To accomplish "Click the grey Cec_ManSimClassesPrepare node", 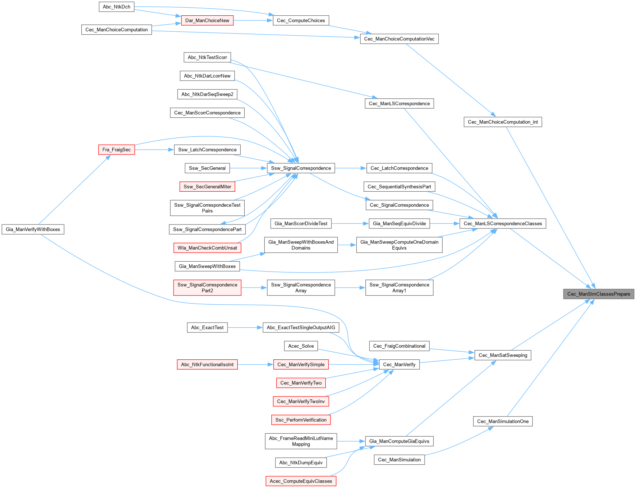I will [x=598, y=294].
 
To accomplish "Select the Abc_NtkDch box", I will [x=116, y=7].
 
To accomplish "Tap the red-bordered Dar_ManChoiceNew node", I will [x=207, y=20].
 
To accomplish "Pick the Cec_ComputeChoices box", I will [x=301, y=20].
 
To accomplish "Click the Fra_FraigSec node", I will [x=116, y=150].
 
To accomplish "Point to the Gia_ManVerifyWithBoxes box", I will [x=33, y=230].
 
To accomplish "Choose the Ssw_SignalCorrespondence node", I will [x=301, y=168].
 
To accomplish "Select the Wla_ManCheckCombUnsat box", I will [x=207, y=248].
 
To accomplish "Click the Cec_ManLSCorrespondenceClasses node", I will [x=503, y=224].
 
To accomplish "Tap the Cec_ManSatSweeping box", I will [x=503, y=355].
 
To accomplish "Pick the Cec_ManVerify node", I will [x=399, y=365].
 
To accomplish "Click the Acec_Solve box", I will [x=301, y=346].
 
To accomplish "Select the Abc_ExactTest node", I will [x=207, y=328].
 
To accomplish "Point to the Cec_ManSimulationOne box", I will [x=503, y=422].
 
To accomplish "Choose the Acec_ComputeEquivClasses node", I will [x=301, y=481].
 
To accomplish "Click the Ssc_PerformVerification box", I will [x=301, y=420].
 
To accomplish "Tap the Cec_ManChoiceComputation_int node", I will [x=503, y=122].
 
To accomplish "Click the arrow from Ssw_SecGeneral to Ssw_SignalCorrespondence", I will [x=248, y=168].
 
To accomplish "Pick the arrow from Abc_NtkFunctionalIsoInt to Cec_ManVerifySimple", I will [x=255, y=365].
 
